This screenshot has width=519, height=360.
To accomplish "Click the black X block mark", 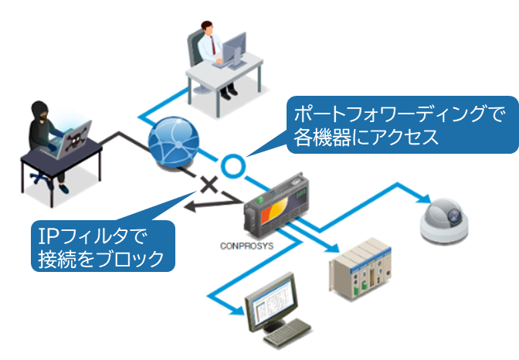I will click(208, 185).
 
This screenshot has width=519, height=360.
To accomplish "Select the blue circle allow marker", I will click(231, 165).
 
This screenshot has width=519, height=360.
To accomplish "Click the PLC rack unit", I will click(360, 267).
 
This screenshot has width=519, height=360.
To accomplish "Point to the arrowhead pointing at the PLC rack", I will click(332, 250).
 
